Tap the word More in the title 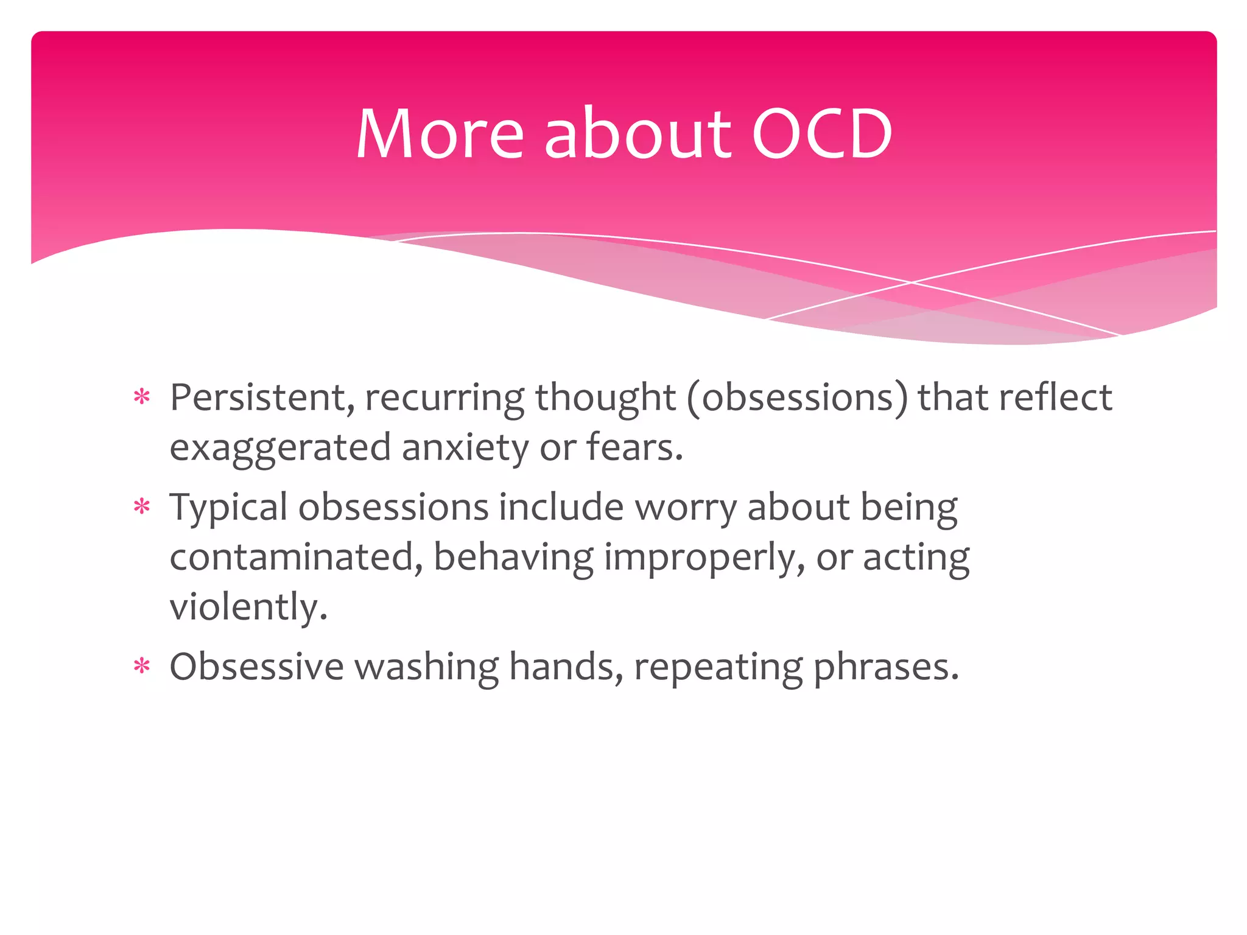(440, 134)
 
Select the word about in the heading (637, 134)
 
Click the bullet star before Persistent (142, 398)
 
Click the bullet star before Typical (142, 507)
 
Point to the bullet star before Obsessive (142, 667)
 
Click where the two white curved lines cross (912, 282)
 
